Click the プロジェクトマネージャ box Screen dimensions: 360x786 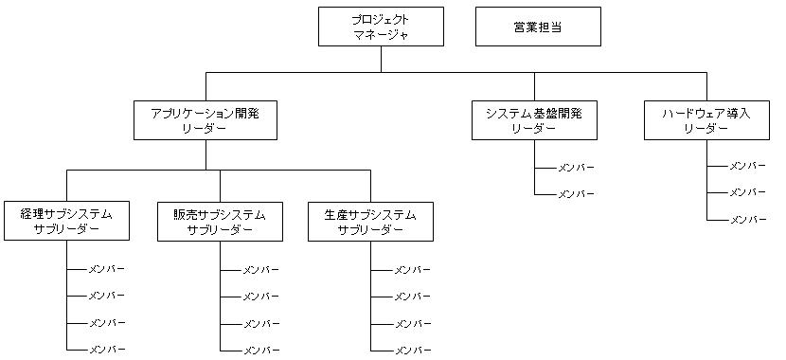pyautogui.click(x=381, y=27)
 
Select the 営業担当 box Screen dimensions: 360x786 pyautogui.click(x=537, y=27)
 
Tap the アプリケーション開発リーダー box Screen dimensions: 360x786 pyautogui.click(x=205, y=120)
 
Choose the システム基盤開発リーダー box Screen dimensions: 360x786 pyautogui.click(x=534, y=120)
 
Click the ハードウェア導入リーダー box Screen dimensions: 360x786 pyautogui.click(x=706, y=120)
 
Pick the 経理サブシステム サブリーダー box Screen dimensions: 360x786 pyautogui.click(x=66, y=222)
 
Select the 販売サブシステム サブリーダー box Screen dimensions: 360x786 pyautogui.click(x=220, y=222)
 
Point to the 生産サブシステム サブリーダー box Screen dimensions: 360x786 pyautogui.click(x=371, y=222)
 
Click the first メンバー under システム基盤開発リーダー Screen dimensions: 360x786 pyautogui.click(x=576, y=168)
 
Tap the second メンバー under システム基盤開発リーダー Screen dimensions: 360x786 pyautogui.click(x=576, y=194)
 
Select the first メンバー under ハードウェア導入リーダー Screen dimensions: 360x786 pyautogui.click(x=747, y=166)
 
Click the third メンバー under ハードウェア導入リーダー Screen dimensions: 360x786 pyautogui.click(x=747, y=220)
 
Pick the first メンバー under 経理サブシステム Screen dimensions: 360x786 pyautogui.click(x=107, y=269)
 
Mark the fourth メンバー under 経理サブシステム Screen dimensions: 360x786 pyautogui.click(x=107, y=350)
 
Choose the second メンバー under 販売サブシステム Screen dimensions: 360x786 pyautogui.click(x=260, y=297)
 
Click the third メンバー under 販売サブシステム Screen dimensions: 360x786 pyautogui.click(x=260, y=324)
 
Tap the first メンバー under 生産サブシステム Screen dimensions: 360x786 pyautogui.click(x=412, y=270)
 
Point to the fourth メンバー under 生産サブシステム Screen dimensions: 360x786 pyautogui.click(x=412, y=351)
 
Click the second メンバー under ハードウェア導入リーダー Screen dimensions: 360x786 pyautogui.click(x=747, y=192)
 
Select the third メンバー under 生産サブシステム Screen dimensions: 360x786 pyautogui.click(x=412, y=324)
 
